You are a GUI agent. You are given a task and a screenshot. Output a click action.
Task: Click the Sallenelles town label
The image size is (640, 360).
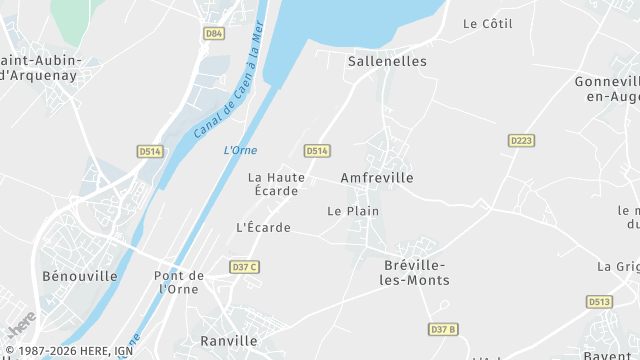point(387,61)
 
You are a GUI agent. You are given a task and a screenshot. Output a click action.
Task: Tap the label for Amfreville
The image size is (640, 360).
point(377,177)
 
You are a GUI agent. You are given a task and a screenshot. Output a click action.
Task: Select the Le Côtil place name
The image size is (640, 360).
point(487,22)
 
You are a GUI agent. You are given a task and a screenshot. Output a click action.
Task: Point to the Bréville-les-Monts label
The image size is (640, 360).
point(417,273)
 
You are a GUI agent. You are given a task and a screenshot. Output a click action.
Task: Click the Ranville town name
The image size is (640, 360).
point(229,341)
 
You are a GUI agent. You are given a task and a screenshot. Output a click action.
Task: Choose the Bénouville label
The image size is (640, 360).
point(80,276)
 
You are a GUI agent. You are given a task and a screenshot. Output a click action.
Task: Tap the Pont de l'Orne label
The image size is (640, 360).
point(179,282)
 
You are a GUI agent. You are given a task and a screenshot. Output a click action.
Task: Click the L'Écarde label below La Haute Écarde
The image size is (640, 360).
point(263,228)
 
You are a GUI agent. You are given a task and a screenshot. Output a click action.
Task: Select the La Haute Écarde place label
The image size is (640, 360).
point(276,184)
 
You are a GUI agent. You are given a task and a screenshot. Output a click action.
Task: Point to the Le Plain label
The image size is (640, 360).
point(353,211)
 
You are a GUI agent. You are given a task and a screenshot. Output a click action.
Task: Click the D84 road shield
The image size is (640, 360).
point(213,33)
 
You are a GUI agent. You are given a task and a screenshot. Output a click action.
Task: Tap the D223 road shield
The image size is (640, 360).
point(520,141)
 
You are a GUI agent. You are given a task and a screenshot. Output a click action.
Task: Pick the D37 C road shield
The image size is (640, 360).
point(244,267)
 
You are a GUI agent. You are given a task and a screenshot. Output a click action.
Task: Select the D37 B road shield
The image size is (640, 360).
point(443,329)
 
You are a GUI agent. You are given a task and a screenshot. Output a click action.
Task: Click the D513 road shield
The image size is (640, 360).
point(600,301)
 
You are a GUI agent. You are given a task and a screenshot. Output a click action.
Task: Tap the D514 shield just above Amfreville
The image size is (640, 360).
point(317,151)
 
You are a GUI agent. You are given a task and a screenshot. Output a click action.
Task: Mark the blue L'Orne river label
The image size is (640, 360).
point(240,150)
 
